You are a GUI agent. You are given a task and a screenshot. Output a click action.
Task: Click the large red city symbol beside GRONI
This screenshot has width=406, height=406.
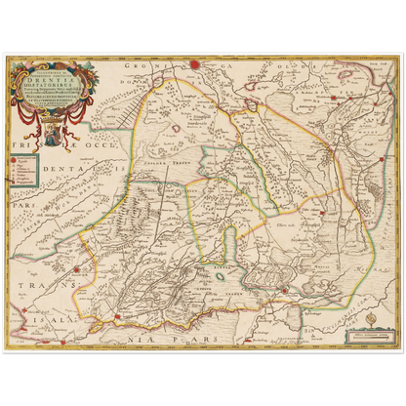[193, 65]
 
